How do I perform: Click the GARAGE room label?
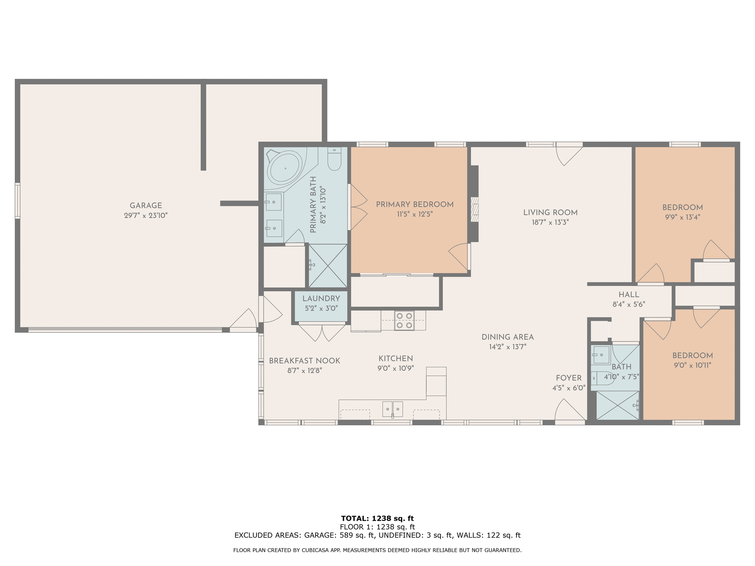point(146,206)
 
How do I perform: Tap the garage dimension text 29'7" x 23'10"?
point(146,216)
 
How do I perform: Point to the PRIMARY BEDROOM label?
point(414,205)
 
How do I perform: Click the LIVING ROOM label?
point(550,213)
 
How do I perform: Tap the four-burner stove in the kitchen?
point(404,321)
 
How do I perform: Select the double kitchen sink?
point(392,409)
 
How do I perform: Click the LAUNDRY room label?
point(321,299)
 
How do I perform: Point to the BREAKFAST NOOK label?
point(305,361)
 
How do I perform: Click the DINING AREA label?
point(507,337)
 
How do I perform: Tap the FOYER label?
point(568,378)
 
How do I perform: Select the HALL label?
point(629,295)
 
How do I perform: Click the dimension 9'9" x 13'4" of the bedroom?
point(682,217)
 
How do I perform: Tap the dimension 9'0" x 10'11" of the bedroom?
point(692,366)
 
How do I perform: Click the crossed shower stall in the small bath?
point(617,405)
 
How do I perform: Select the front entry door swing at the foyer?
point(568,411)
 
